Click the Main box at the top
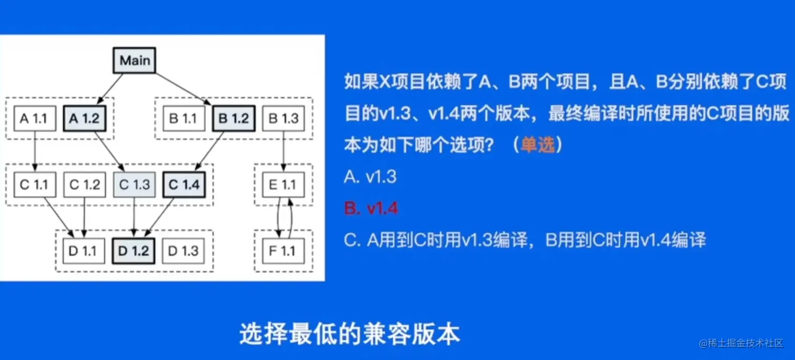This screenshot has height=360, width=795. [x=135, y=60]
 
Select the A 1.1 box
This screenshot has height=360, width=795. [x=33, y=119]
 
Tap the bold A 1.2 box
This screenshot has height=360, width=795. [x=85, y=119]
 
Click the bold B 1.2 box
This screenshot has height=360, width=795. [x=233, y=119]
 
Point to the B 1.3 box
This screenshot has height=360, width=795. [x=284, y=119]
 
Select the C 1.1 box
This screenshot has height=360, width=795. [x=33, y=184]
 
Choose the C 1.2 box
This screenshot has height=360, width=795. [x=85, y=184]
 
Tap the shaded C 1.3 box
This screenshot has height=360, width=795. [x=135, y=184]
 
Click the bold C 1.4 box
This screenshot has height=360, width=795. [x=184, y=184]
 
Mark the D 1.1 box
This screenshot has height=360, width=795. [x=83, y=251]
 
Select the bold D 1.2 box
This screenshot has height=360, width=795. [x=134, y=251]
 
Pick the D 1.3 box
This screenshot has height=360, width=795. [x=184, y=251]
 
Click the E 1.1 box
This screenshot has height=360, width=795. [x=283, y=184]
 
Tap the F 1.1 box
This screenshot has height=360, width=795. [x=283, y=251]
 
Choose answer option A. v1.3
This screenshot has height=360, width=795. [x=370, y=177]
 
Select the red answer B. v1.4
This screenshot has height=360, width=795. [x=371, y=209]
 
